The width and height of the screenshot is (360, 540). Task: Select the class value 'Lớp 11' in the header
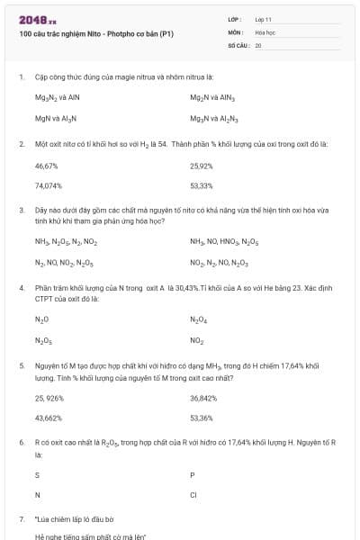coord(264,19)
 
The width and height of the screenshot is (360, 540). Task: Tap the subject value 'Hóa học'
coord(265,31)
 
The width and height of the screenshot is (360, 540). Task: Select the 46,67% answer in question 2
coord(46,166)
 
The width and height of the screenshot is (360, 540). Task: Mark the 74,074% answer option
coord(49,186)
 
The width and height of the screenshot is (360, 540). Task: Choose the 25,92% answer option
coord(202,166)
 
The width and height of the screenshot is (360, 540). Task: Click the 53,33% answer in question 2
coord(202,186)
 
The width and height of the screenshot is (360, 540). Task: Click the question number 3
coord(21,210)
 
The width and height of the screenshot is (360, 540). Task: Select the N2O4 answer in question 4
coord(199,319)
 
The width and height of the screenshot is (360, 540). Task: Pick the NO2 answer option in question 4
coord(196,341)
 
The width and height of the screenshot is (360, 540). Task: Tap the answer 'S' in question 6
coord(37,473)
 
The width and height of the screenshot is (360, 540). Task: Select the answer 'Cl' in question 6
coord(193,495)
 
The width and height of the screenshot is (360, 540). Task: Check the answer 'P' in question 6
coord(193,473)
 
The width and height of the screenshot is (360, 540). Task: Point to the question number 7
coord(21,519)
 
